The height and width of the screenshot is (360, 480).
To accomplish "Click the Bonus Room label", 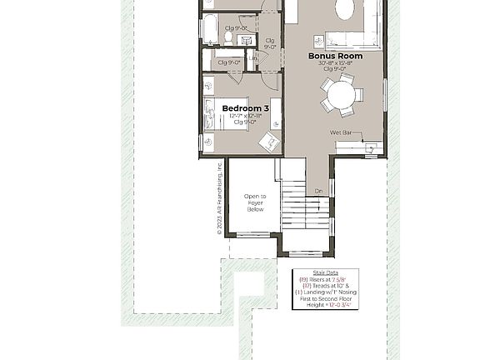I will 335,56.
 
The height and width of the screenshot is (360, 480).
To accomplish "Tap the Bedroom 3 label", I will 245,108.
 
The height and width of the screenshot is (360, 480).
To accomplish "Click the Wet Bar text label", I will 340,132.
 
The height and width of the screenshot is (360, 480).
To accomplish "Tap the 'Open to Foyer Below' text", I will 255,202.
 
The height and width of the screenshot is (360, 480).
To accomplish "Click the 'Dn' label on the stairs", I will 318,191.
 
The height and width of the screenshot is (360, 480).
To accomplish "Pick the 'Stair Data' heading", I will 325,272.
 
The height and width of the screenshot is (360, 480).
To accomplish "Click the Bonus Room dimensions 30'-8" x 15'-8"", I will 335,62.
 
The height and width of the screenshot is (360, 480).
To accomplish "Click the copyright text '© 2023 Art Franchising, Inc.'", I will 220,197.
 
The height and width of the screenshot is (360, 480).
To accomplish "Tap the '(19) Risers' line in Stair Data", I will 325,279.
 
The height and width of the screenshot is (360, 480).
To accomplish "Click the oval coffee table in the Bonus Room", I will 344,10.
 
